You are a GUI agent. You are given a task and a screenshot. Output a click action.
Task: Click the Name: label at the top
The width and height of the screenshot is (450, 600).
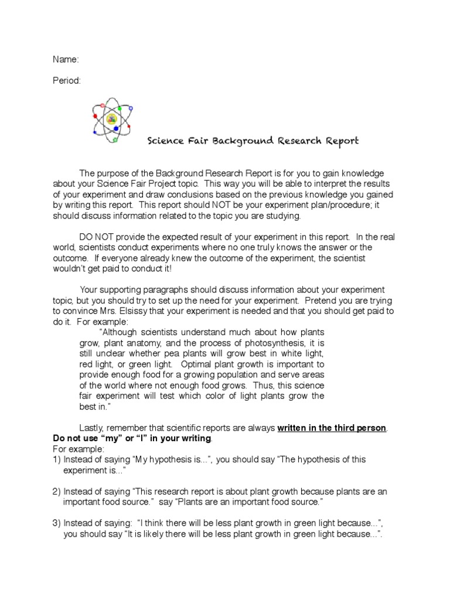coord(66,59)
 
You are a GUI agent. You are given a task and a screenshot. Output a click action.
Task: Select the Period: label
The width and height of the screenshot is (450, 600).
coord(67,80)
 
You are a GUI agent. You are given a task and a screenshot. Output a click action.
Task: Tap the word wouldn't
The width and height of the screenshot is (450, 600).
coord(72,268)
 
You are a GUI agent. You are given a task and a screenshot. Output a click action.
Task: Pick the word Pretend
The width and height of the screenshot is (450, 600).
coord(321,301)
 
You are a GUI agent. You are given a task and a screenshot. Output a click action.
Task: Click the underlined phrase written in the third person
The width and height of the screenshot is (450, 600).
coord(332,428)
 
